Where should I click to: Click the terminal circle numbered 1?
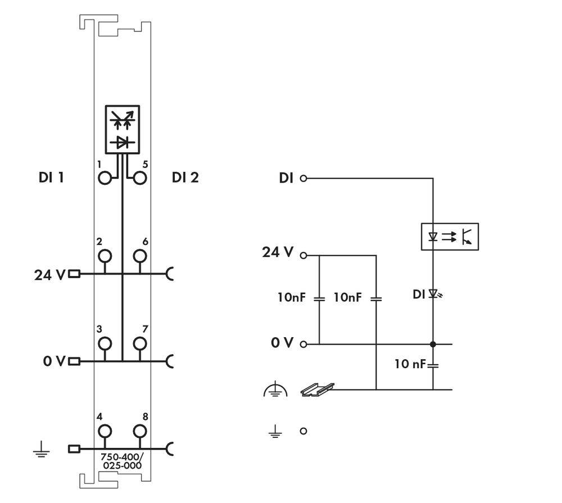(105, 179)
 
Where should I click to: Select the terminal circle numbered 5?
(140, 179)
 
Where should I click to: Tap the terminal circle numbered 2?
(105, 256)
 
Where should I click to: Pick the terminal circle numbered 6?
(140, 256)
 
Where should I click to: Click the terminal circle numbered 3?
(105, 343)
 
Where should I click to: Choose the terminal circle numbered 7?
(140, 343)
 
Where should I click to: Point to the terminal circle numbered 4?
(105, 431)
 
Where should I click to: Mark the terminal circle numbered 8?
(140, 431)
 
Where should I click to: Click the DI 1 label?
(51, 178)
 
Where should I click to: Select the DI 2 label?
(185, 178)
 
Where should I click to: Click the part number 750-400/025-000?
(122, 461)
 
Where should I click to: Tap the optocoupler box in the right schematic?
(450, 237)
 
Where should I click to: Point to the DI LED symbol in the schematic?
(433, 293)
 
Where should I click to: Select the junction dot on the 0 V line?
(433, 344)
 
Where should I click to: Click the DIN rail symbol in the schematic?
(318, 389)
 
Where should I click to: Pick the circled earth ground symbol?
(275, 389)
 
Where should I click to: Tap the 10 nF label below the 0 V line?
(410, 364)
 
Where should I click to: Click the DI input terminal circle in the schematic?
(303, 179)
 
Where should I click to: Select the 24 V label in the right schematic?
(278, 252)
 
